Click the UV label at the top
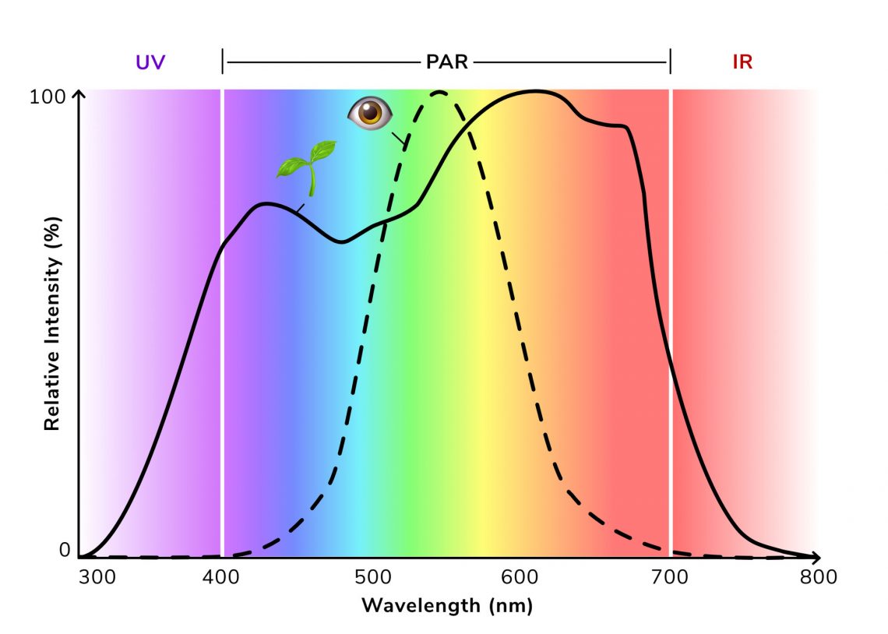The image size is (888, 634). click(151, 62)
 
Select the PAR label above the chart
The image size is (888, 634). click(447, 62)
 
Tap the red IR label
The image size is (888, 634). click(742, 62)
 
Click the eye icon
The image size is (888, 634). click(368, 114)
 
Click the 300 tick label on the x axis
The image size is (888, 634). click(96, 577)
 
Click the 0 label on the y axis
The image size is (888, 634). click(64, 551)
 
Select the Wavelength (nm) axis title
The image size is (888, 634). click(447, 605)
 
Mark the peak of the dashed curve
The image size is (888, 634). click(439, 93)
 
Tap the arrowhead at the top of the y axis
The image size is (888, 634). click(78, 94)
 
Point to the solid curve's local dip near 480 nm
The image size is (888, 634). click(341, 241)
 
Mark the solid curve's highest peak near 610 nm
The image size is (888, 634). click(536, 91)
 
